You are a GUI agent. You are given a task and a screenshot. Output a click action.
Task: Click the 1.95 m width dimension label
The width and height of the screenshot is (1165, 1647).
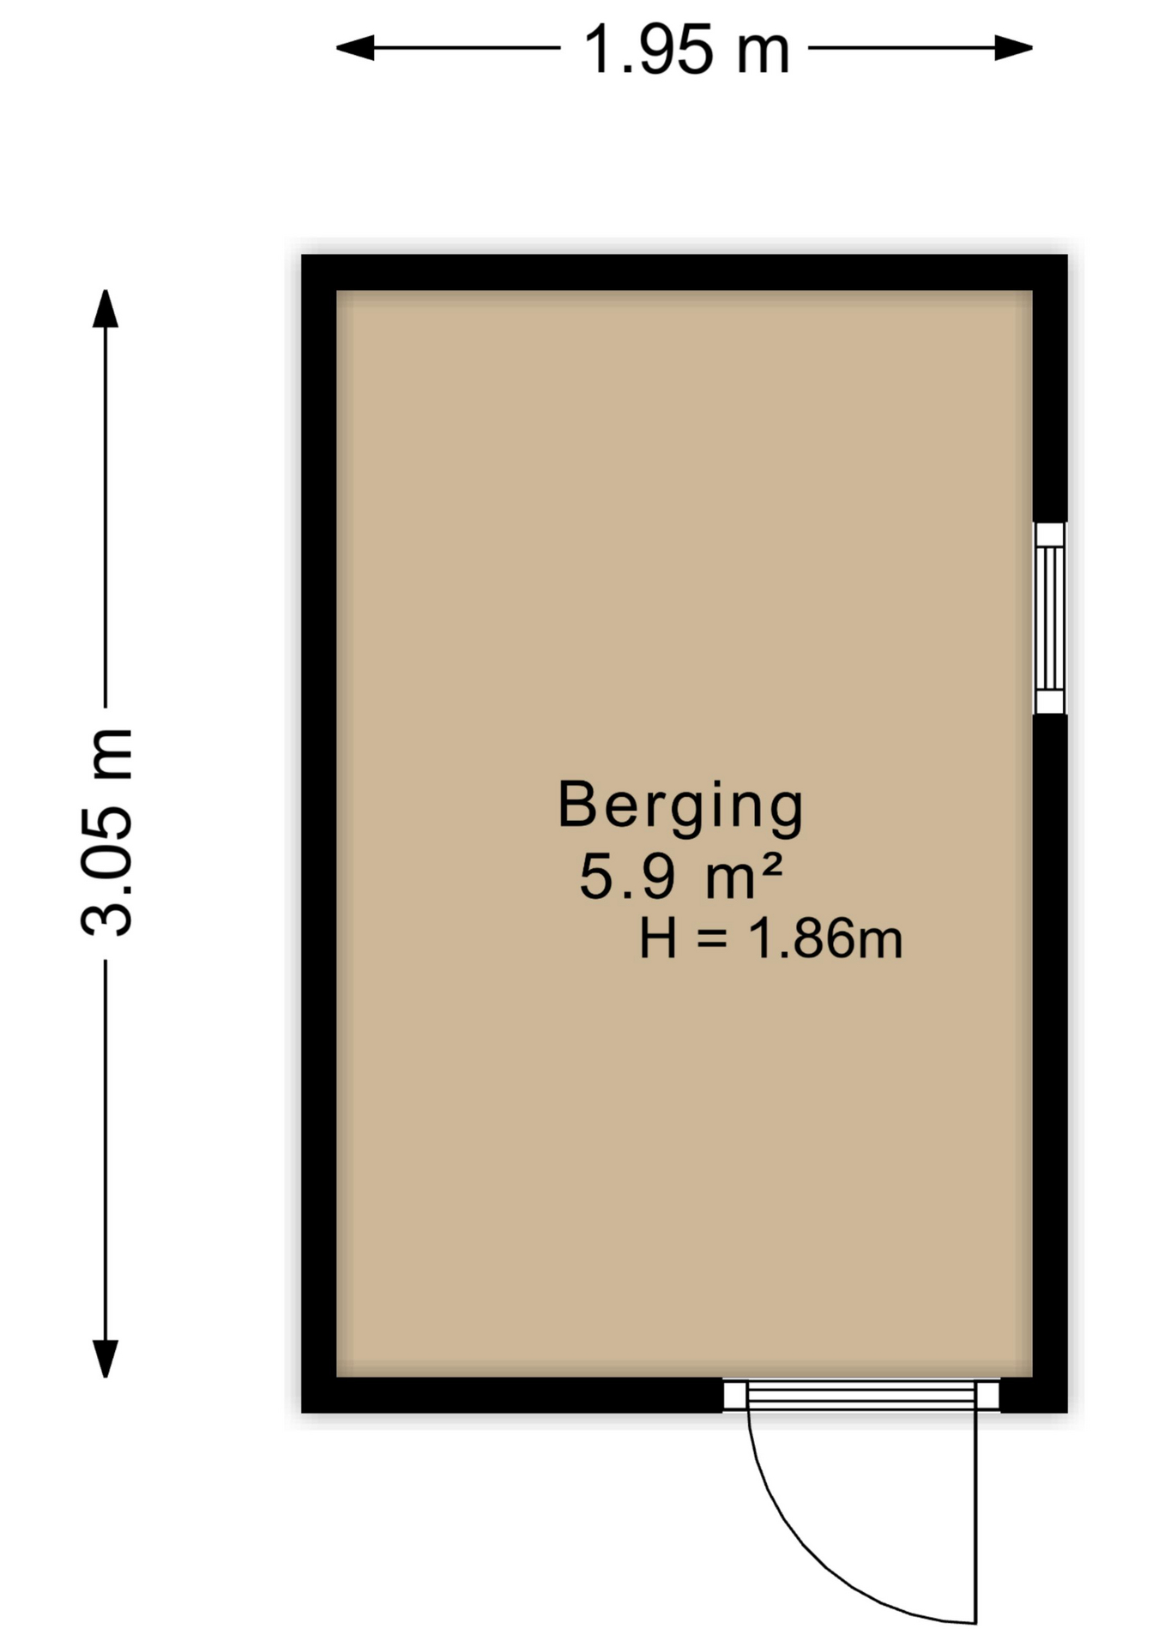click(685, 50)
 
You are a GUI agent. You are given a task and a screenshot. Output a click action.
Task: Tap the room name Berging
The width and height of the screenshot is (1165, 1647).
click(680, 806)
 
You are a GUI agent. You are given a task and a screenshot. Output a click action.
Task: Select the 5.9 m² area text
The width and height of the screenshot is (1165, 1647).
click(680, 876)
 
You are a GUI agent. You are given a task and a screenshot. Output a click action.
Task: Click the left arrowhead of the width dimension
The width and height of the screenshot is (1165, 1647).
click(354, 48)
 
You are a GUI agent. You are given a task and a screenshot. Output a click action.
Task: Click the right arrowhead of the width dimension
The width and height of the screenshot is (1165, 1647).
click(1013, 48)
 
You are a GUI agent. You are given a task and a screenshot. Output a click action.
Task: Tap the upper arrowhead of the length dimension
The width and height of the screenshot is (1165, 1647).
click(106, 309)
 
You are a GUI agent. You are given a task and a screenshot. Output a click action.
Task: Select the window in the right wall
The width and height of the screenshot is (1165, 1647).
click(1049, 618)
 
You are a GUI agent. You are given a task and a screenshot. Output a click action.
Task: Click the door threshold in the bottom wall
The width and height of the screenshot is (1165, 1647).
click(861, 1395)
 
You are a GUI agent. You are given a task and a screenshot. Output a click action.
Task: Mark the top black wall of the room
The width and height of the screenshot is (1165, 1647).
click(684, 272)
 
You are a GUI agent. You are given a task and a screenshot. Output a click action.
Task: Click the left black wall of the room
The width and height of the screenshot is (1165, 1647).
click(318, 833)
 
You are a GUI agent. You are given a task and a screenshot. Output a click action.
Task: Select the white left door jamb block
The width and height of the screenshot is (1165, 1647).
click(734, 1395)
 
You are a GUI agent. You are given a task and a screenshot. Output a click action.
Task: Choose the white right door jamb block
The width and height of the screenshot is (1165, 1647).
click(988, 1395)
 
